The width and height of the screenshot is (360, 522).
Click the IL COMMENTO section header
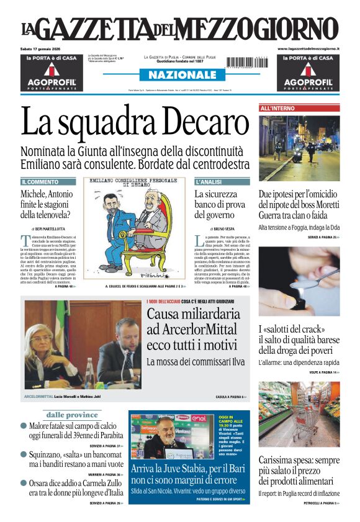coord(40,182)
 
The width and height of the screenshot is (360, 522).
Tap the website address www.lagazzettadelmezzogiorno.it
coord(308,48)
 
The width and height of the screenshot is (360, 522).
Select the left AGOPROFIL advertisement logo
coord(52,81)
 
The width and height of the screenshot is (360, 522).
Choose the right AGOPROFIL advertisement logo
coord(308,81)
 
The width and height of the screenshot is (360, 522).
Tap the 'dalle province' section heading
coord(73,415)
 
